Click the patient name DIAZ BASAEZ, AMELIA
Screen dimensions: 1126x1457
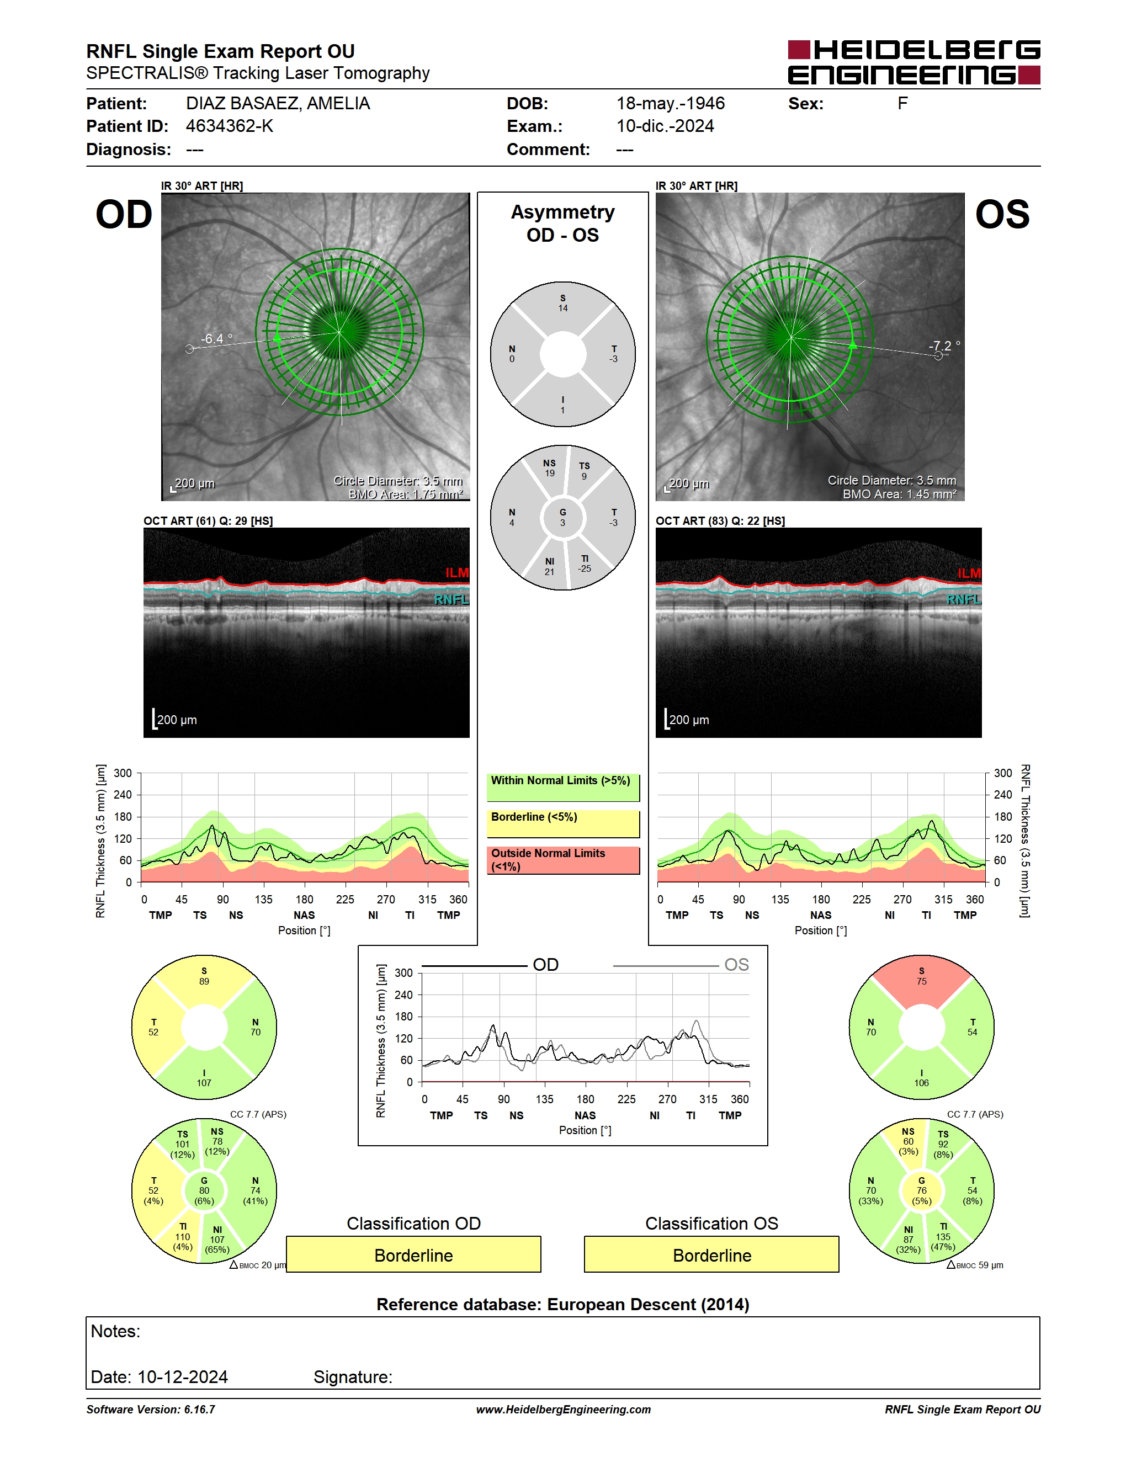278,103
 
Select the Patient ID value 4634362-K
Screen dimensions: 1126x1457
230,126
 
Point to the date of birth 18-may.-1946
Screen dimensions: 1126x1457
671,103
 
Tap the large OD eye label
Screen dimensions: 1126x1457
124,215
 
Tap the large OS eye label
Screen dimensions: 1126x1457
1002,215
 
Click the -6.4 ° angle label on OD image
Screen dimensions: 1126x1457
217,339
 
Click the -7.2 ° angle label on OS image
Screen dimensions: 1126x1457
944,345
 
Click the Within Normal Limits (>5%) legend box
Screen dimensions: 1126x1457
563,787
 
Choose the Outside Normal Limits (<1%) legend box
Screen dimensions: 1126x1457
563,860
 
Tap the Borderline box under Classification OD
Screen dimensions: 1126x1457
413,1255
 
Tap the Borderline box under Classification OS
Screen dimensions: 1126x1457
712,1255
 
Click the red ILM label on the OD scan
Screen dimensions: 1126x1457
457,573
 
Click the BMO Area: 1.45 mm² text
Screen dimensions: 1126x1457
899,494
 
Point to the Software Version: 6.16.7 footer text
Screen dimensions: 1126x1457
151,1410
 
